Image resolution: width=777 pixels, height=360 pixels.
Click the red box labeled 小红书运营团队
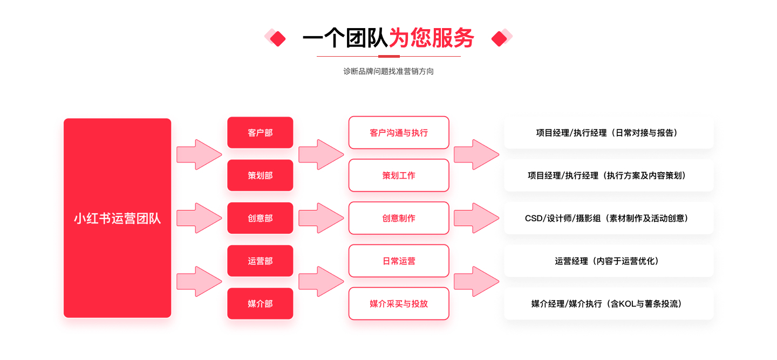117,218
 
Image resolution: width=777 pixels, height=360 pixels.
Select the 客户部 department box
260,132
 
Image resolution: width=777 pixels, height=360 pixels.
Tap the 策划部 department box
260,175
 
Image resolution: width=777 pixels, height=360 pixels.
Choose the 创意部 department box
260,218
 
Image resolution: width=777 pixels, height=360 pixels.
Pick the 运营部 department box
260,261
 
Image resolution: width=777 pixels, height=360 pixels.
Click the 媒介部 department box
260,303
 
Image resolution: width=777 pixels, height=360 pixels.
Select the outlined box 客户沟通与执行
399,132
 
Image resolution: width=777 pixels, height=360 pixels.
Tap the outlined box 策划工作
399,175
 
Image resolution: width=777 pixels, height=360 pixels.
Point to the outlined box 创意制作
399,218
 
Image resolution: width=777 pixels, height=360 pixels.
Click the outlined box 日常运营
399,261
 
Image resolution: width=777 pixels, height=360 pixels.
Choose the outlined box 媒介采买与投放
399,303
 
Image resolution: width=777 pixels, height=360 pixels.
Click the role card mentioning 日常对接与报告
609,132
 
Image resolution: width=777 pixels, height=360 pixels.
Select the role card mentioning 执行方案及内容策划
609,175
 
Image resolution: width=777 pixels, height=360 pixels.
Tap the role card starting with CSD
609,218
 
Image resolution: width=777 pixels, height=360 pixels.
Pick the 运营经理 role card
609,261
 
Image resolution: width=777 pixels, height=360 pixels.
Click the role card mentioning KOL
609,303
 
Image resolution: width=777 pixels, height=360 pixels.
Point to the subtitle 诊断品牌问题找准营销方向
388,71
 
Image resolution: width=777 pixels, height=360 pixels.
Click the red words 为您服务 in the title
432,37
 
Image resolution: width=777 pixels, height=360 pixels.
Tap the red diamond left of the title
278,39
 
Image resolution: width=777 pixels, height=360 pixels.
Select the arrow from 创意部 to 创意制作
321,218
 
